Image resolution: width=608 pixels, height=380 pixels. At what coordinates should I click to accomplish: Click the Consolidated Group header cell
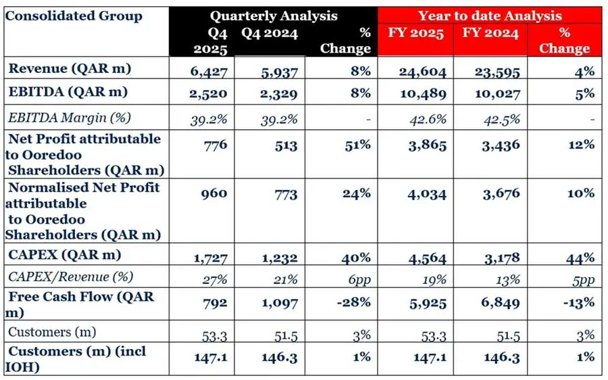click(74, 16)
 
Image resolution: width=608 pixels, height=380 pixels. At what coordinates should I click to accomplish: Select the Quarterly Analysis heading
click(273, 16)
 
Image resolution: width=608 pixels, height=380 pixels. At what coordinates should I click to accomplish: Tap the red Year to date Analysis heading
click(489, 16)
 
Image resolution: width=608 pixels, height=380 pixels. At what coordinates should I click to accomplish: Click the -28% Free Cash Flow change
click(353, 302)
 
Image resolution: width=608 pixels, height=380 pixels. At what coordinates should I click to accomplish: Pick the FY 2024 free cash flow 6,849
click(500, 302)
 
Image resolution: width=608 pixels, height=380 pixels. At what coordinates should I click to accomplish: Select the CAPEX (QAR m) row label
click(65, 255)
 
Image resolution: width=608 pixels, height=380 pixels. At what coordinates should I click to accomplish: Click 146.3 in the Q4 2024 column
click(280, 357)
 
